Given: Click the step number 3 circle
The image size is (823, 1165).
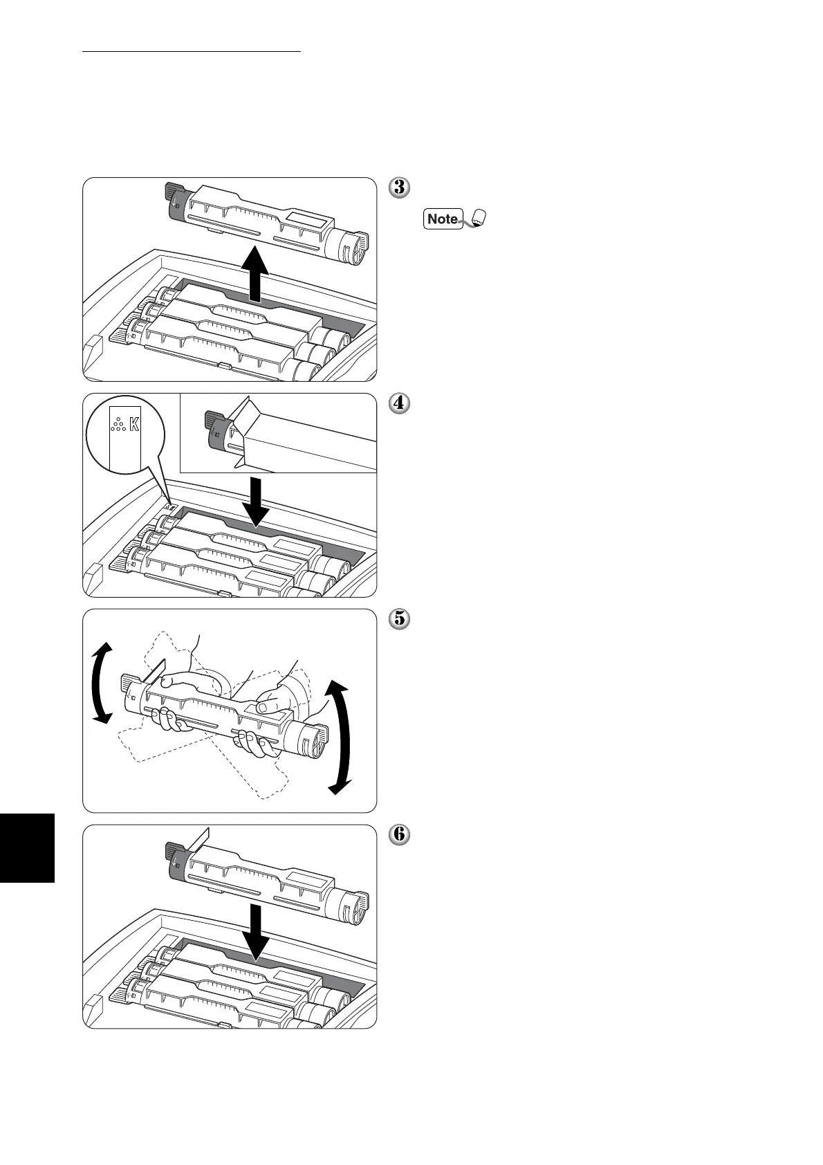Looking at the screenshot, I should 399,187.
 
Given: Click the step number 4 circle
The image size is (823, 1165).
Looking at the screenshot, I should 399,403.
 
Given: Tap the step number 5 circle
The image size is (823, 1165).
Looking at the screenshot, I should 399,618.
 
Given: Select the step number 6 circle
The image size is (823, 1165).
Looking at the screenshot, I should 399,835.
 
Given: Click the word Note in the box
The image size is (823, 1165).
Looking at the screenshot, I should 443,219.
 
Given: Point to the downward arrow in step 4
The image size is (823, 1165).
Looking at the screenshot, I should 255,502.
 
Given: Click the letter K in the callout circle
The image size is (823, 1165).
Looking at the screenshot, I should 134,423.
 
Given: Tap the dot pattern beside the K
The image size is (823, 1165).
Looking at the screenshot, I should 118,423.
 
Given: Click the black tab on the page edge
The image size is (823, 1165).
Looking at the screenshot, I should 27,847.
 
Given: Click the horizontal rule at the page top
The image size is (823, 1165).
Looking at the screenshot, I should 192,51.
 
